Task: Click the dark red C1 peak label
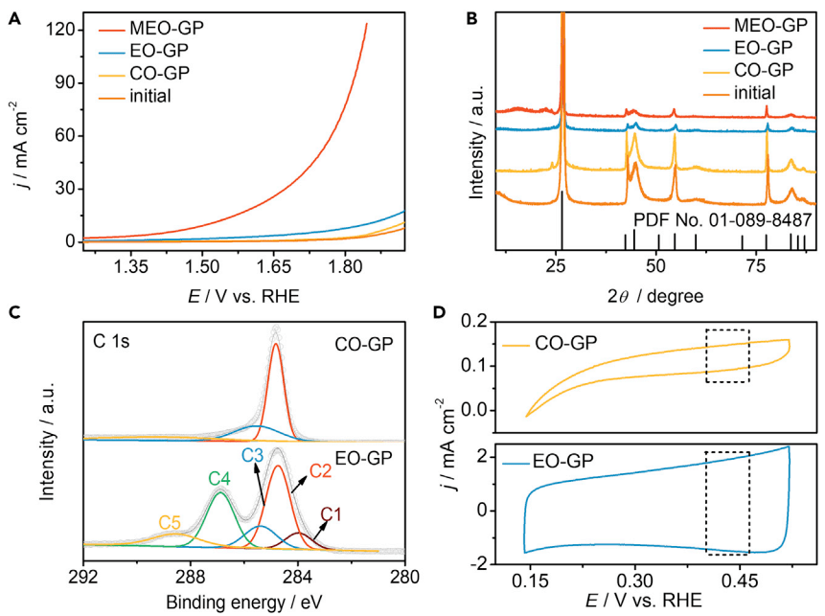tap(332, 515)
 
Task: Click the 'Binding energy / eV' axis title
tap(235, 604)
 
